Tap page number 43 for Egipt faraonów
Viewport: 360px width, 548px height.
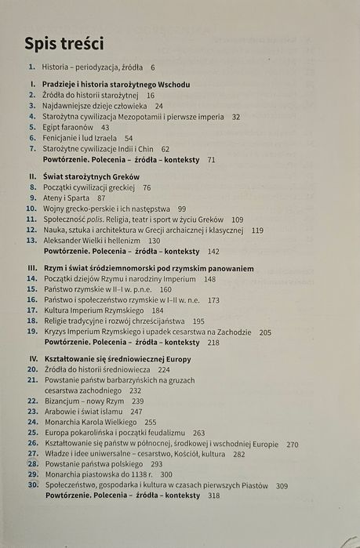(105, 126)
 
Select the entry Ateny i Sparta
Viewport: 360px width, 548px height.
(69, 198)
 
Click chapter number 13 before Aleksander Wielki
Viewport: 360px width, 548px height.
(31, 241)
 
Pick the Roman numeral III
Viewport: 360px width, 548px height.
(33, 268)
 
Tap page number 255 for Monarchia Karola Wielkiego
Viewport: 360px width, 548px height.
(151, 421)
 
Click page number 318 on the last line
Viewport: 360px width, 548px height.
(213, 495)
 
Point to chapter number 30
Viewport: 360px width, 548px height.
(32, 484)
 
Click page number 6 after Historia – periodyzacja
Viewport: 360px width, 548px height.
(153, 68)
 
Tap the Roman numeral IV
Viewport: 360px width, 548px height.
(33, 357)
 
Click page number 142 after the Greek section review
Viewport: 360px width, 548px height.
(213, 252)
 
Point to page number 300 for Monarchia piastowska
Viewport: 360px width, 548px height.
(166, 474)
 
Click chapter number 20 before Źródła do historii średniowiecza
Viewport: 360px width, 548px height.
(32, 368)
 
